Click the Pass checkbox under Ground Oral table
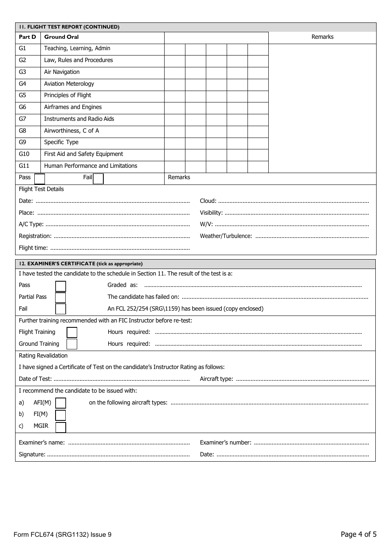[40, 179]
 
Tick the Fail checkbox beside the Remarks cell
[98, 179]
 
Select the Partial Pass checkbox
[60, 298]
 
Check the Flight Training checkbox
[72, 332]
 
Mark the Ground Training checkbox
[72, 344]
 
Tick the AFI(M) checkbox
[60, 403]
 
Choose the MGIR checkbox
[60, 427]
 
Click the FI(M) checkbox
[60, 415]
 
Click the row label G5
[22, 95]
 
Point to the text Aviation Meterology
[69, 84]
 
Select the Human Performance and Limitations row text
[91, 166]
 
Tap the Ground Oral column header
[61, 37]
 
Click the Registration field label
[35, 236]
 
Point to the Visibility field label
[211, 213]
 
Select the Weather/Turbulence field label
[226, 236]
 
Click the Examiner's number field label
[225, 442]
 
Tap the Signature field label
[32, 454]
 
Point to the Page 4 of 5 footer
[358, 534]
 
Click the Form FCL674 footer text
[62, 535]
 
